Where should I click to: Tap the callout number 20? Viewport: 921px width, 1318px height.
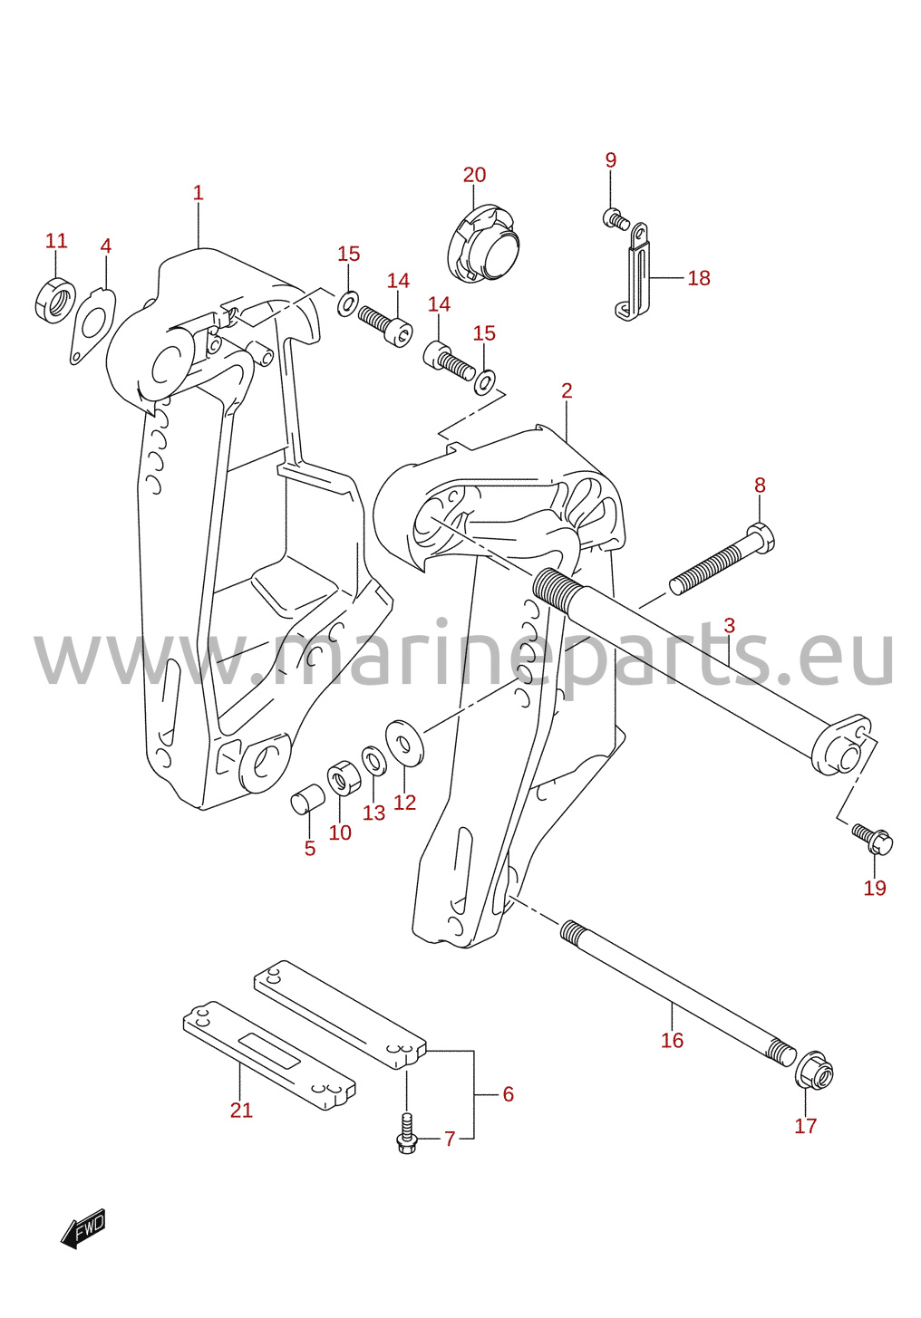pyautogui.click(x=474, y=176)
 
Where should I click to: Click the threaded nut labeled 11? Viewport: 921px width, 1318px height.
pyautogui.click(x=54, y=300)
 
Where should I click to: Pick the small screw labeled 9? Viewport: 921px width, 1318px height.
pyautogui.click(x=616, y=218)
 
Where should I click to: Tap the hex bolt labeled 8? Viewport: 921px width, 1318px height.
pyautogui.click(x=722, y=560)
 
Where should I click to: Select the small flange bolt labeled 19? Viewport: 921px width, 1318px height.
pyautogui.click(x=872, y=840)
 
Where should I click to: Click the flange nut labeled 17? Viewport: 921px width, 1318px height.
pyautogui.click(x=814, y=1076)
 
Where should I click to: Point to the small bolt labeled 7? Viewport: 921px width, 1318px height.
pyautogui.click(x=406, y=1132)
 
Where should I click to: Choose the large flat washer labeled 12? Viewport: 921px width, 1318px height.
pyautogui.click(x=404, y=743)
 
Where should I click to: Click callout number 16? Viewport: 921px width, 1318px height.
pyautogui.click(x=672, y=1040)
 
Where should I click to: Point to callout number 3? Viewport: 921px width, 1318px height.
pyautogui.click(x=729, y=625)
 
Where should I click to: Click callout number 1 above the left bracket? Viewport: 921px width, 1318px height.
pyautogui.click(x=198, y=192)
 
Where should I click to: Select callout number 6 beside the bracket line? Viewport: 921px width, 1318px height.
pyautogui.click(x=509, y=1094)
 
